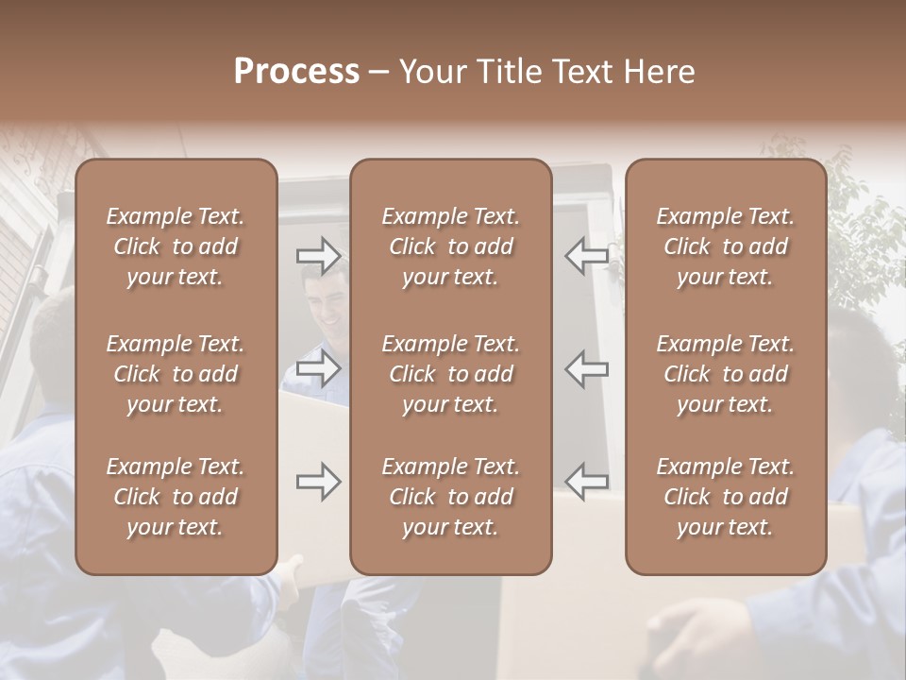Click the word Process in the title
(296, 72)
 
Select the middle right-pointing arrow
(318, 368)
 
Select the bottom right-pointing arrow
(318, 482)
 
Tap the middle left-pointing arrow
(586, 368)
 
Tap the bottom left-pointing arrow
(586, 482)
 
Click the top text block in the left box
(176, 246)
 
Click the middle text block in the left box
(176, 374)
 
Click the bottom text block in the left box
(176, 497)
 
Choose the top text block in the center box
(450, 246)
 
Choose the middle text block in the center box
(450, 374)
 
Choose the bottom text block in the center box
(450, 497)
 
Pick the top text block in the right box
(725, 246)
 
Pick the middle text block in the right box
(725, 374)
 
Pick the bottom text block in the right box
(725, 497)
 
